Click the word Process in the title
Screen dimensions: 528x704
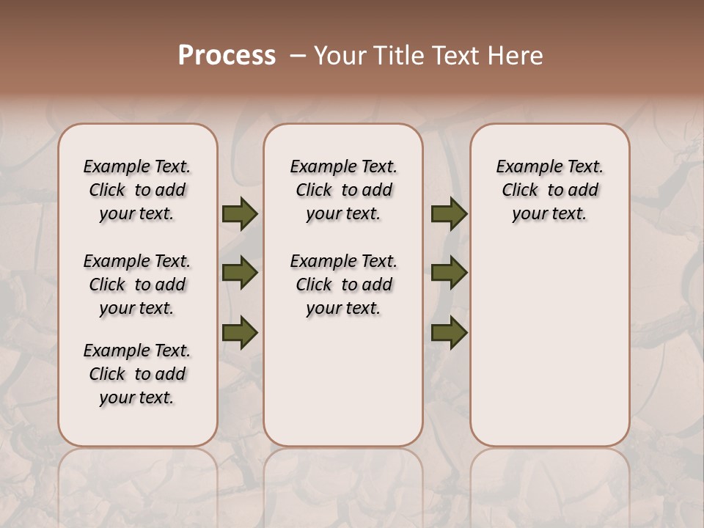227,56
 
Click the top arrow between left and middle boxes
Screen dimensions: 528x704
240,214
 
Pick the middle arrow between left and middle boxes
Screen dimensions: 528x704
240,274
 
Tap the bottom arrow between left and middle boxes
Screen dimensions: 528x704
240,332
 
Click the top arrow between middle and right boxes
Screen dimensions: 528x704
449,214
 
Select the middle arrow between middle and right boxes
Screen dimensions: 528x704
449,274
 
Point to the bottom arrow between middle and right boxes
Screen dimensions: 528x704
449,332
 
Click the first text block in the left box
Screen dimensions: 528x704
137,190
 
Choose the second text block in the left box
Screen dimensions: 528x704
137,285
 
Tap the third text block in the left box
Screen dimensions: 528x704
137,374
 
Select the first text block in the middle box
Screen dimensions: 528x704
344,190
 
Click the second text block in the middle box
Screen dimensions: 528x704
344,285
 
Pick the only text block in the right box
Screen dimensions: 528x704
550,190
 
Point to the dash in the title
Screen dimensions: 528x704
298,56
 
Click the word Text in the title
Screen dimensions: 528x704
454,56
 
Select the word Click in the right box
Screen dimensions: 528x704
520,190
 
